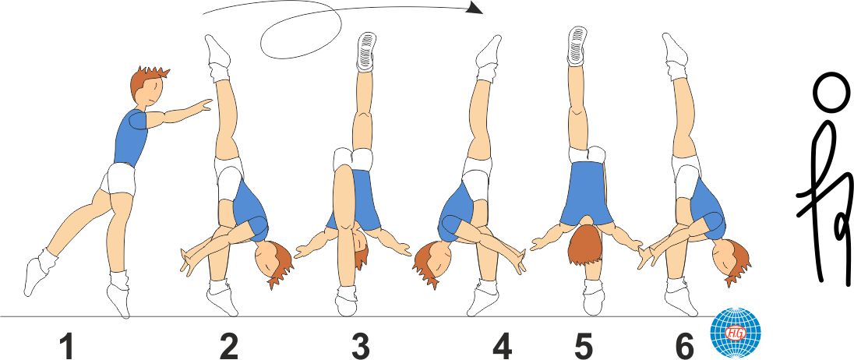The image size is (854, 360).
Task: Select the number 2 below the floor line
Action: point(228,346)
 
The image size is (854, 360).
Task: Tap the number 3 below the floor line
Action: point(360,346)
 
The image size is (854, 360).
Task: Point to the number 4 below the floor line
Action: point(502,346)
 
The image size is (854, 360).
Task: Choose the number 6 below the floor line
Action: point(684,346)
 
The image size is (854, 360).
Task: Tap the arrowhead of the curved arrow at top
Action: point(473,9)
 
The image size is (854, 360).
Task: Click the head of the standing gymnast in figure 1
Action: point(147,87)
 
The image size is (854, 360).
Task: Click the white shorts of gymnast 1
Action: point(119,181)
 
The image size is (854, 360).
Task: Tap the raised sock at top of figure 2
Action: point(218,54)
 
